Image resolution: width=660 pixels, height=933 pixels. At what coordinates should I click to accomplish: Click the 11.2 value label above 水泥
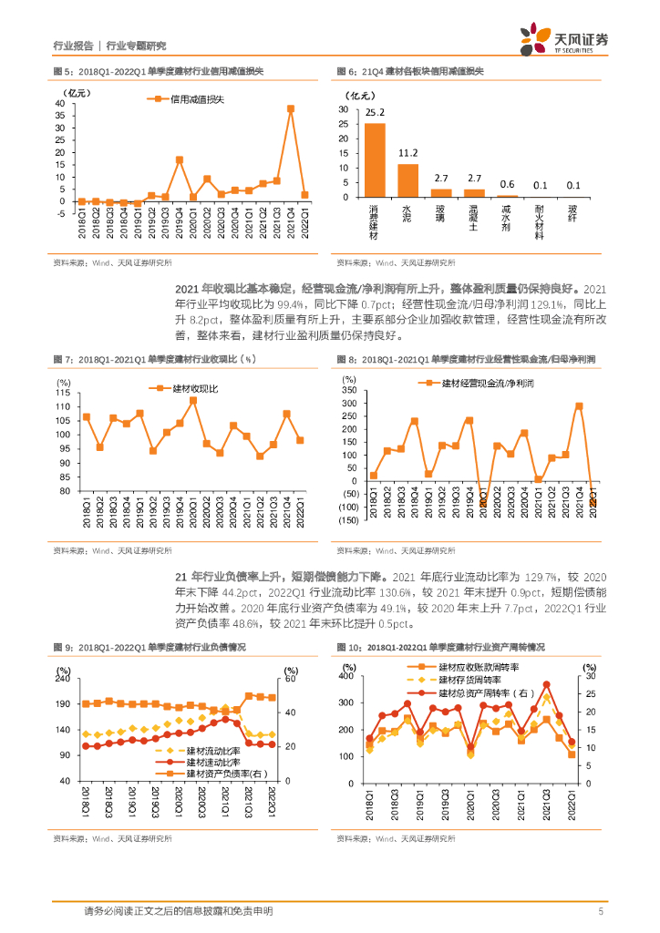[x=408, y=152]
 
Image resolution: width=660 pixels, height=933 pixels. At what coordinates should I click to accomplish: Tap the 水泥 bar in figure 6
[x=408, y=180]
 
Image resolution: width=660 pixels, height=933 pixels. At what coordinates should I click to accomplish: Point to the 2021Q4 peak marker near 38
[x=291, y=108]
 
